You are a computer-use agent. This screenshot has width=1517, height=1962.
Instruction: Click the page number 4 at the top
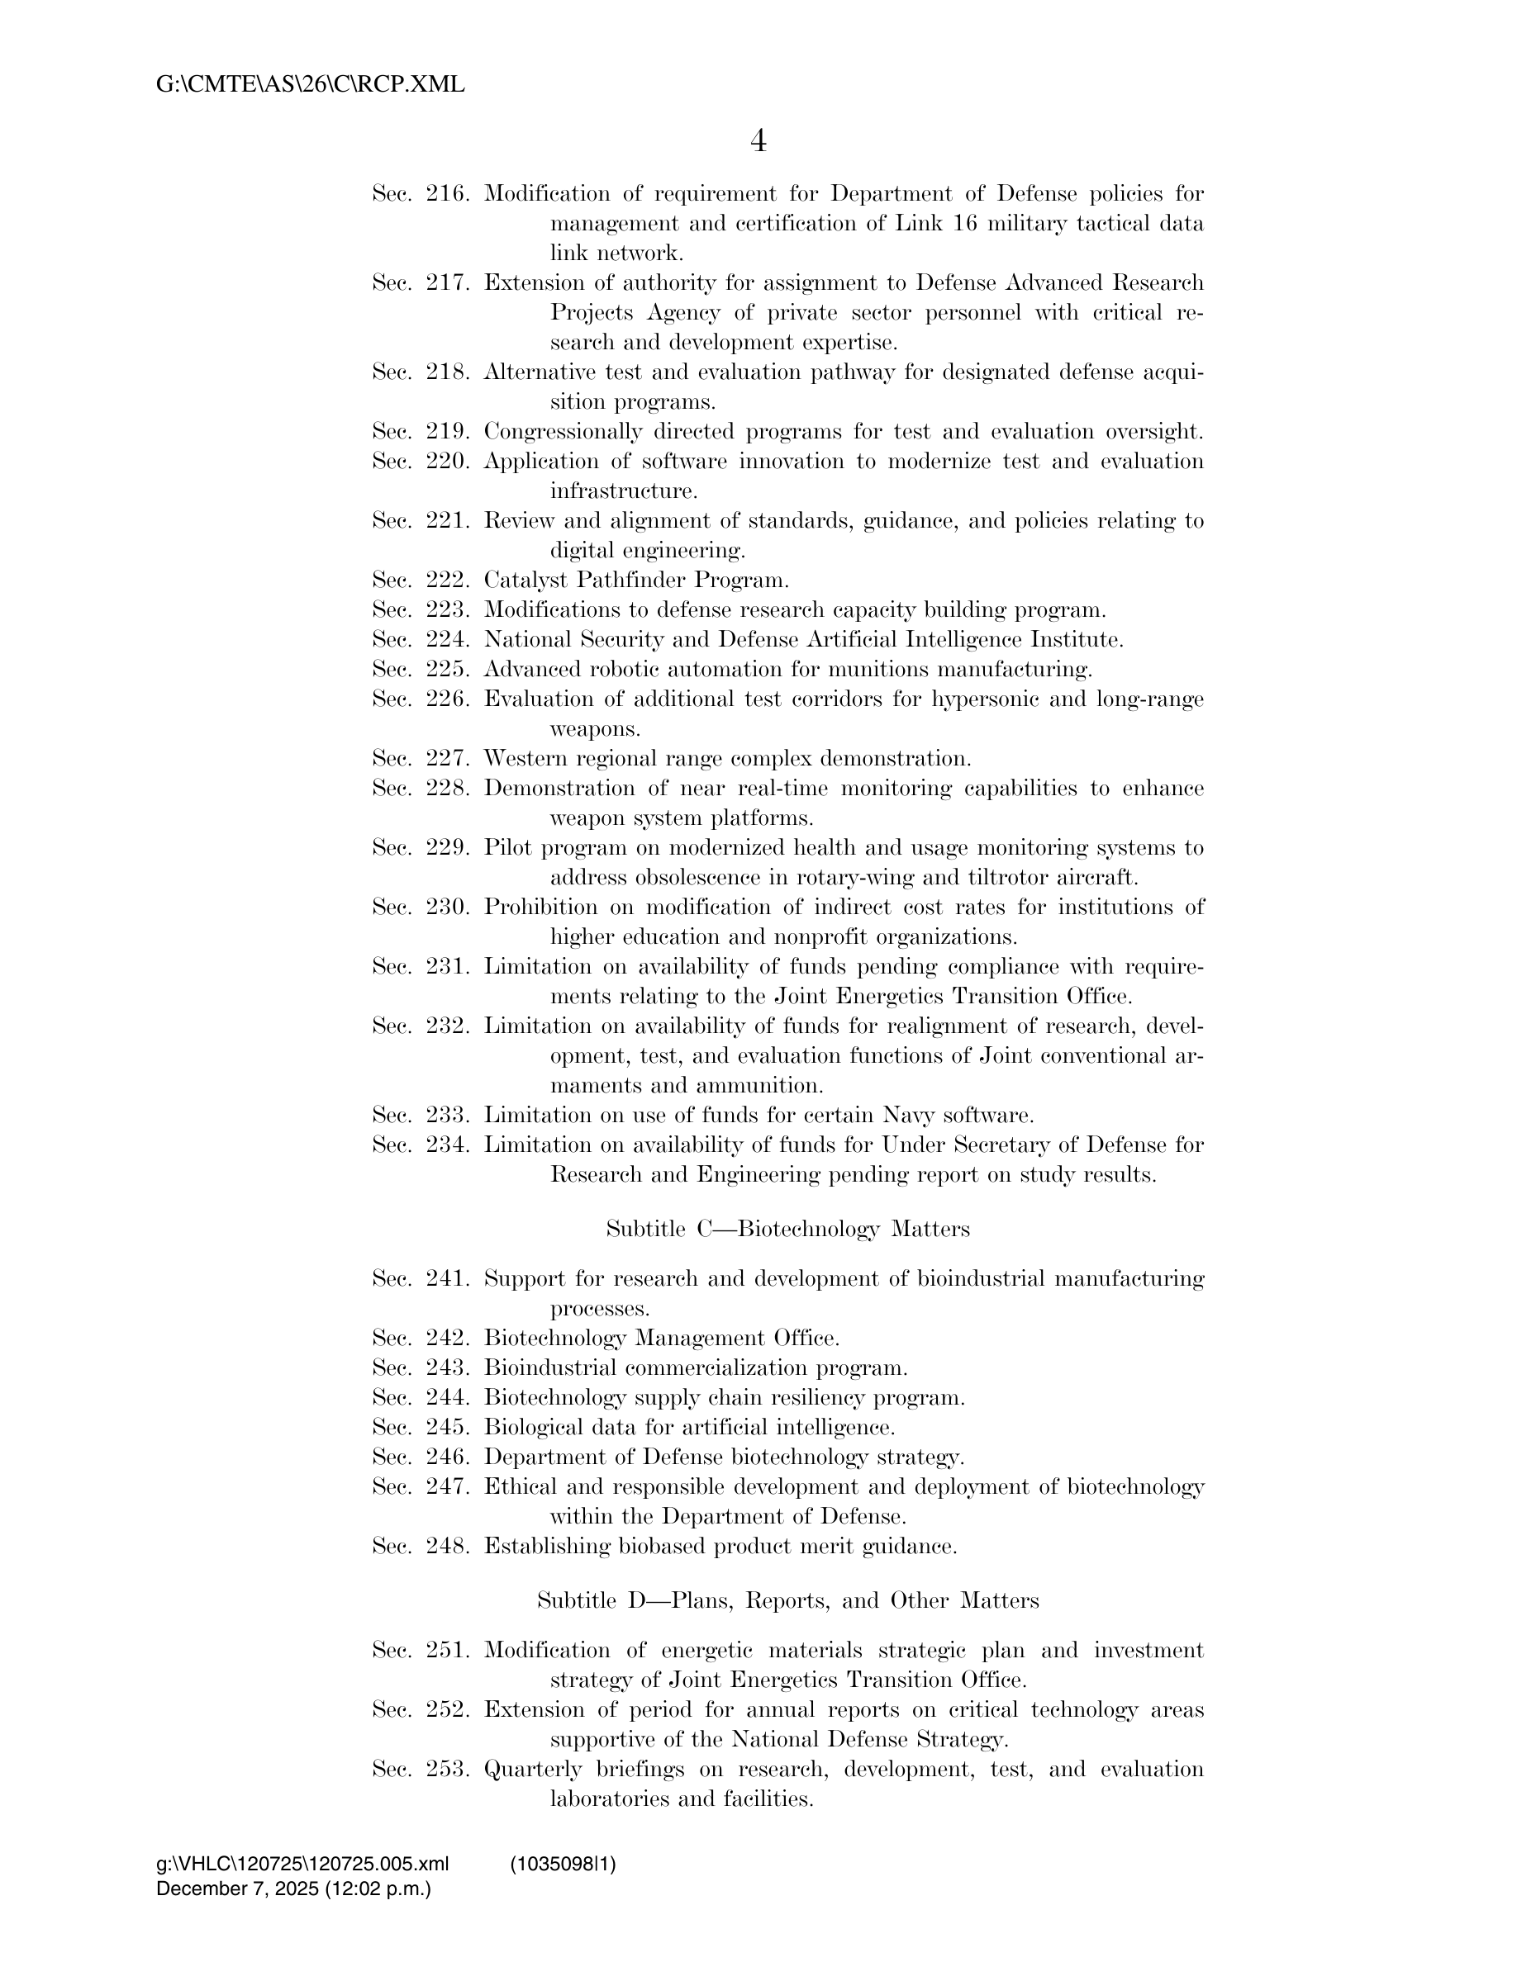758,141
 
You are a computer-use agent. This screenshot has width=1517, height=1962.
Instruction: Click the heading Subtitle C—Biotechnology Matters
788,1229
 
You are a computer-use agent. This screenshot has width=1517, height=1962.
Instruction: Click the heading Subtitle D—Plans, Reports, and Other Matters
787,1600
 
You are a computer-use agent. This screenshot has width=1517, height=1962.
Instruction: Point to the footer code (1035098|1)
563,1864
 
